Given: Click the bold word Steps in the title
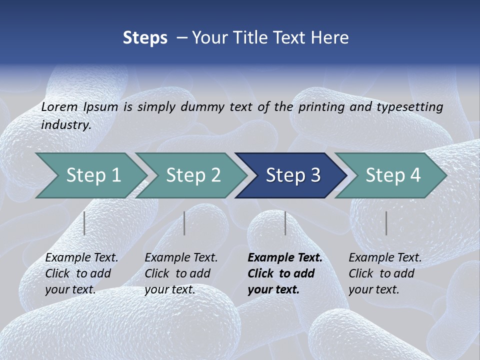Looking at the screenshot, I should click(x=145, y=38).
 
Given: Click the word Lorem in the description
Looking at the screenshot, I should click(x=59, y=106).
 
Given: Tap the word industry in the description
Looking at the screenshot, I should click(x=65, y=125).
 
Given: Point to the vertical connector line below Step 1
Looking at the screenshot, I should click(x=84, y=223).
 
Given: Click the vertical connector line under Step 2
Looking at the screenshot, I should click(x=184, y=223).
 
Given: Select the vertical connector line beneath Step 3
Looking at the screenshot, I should click(x=285, y=223).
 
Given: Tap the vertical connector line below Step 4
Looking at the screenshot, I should click(x=386, y=223).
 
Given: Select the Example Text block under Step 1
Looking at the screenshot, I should click(x=81, y=273).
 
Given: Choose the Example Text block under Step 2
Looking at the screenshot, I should click(x=181, y=273).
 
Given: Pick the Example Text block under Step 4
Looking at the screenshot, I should click(x=385, y=273).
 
